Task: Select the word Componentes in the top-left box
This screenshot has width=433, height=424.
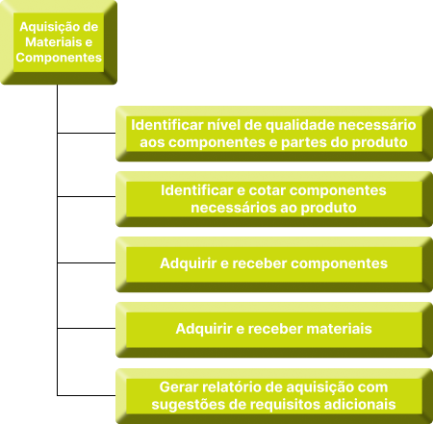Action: coord(59,58)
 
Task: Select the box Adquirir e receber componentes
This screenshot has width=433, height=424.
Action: coord(274,264)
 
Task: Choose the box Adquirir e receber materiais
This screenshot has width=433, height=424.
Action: coord(274,330)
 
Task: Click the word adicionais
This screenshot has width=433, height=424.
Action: coord(360,404)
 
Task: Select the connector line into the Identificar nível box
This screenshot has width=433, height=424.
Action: coord(87,133)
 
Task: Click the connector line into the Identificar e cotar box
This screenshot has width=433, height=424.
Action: coord(87,196)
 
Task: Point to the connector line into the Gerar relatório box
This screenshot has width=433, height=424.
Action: coord(87,395)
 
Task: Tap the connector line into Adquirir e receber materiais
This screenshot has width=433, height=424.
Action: coord(87,328)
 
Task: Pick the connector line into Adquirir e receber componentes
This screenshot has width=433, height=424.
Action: coord(87,262)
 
